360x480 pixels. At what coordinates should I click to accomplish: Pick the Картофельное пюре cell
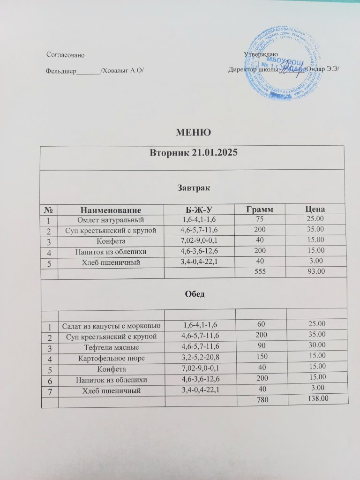pyautogui.click(x=111, y=358)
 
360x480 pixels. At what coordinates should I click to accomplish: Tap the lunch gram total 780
pyautogui.click(x=258, y=399)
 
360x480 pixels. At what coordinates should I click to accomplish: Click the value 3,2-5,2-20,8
pyautogui.click(x=200, y=358)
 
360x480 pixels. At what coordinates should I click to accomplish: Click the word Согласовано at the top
pyautogui.click(x=66, y=55)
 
